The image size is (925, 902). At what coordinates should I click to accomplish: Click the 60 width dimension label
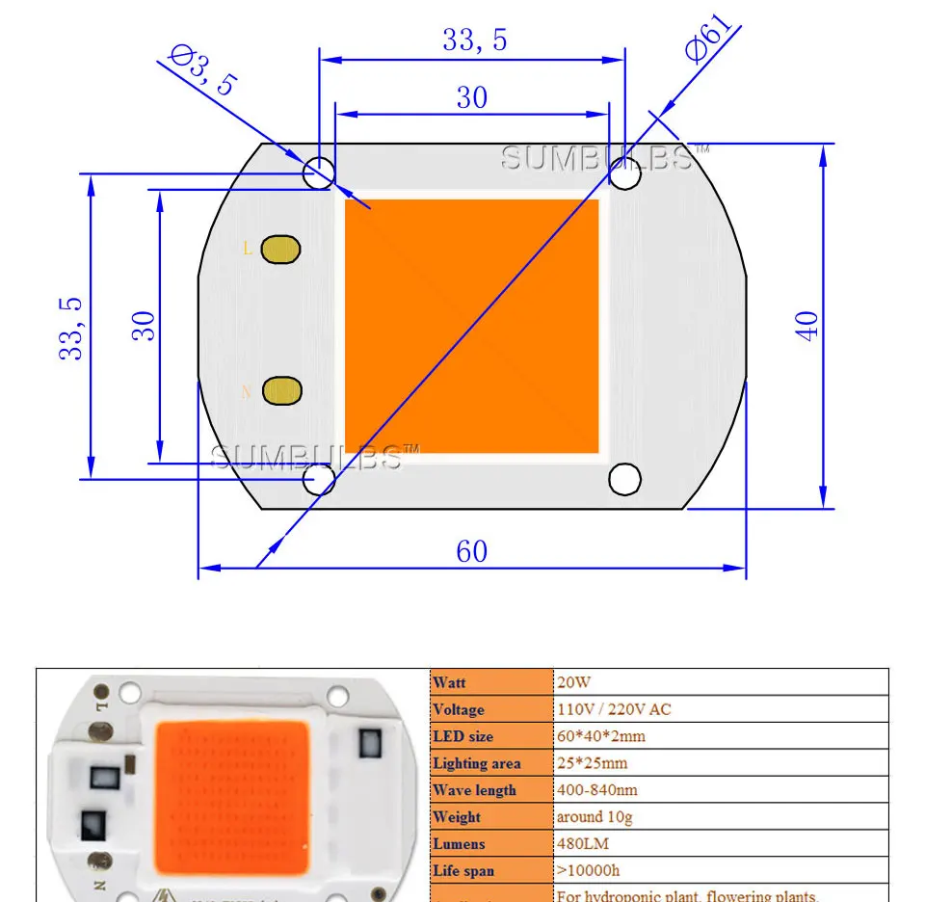pyautogui.click(x=471, y=551)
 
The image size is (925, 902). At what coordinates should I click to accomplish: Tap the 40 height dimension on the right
pyautogui.click(x=807, y=325)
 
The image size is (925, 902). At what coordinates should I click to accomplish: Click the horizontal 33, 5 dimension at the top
pyautogui.click(x=474, y=40)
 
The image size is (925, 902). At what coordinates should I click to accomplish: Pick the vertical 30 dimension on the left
pyautogui.click(x=144, y=325)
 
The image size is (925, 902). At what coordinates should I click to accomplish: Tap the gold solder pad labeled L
pyautogui.click(x=280, y=250)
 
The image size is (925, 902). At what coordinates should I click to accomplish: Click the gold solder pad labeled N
pyautogui.click(x=282, y=390)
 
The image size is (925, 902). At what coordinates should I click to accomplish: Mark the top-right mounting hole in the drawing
pyautogui.click(x=624, y=175)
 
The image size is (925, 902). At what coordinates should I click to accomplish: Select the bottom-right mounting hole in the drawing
pyautogui.click(x=624, y=478)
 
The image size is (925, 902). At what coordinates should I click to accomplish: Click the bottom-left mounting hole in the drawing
pyautogui.click(x=319, y=479)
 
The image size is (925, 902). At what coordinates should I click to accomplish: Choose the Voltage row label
pyautogui.click(x=459, y=709)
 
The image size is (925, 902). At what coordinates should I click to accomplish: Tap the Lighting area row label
pyautogui.click(x=476, y=763)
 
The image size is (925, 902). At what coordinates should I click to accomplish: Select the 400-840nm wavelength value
pyautogui.click(x=597, y=790)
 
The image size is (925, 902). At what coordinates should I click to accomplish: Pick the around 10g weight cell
pyautogui.click(x=595, y=817)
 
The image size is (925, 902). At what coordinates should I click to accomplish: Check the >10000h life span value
pyautogui.click(x=593, y=871)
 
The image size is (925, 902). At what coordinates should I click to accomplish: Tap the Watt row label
pyautogui.click(x=449, y=682)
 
